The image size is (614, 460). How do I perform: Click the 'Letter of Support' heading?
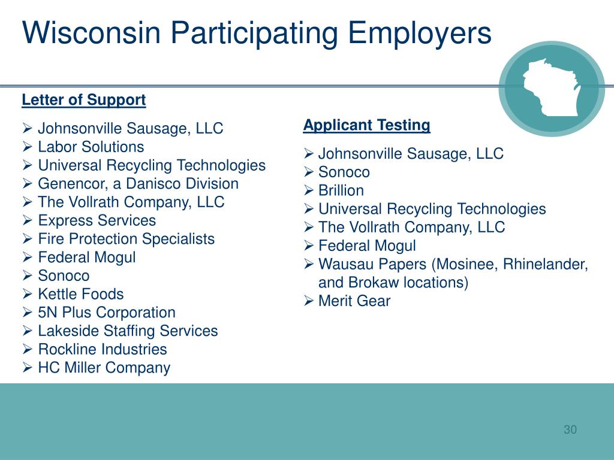[83, 100]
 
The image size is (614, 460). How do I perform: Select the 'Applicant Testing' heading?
[366, 125]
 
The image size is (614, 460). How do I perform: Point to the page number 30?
[570, 429]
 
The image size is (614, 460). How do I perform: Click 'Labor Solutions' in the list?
[91, 147]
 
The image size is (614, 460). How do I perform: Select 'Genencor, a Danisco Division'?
[138, 183]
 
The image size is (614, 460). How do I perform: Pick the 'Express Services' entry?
[97, 220]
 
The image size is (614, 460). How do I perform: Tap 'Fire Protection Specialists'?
[126, 239]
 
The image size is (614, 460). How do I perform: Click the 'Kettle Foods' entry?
[80, 294]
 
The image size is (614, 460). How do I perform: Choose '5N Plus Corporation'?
[106, 313]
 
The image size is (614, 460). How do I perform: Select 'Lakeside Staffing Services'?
[128, 331]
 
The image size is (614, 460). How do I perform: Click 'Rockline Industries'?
[102, 349]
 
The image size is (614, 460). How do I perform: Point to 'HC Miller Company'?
[104, 368]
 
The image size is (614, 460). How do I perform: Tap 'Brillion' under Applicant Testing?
[341, 190]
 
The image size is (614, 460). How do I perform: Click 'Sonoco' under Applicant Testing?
[344, 172]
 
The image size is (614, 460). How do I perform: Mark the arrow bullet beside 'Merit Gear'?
[309, 301]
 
